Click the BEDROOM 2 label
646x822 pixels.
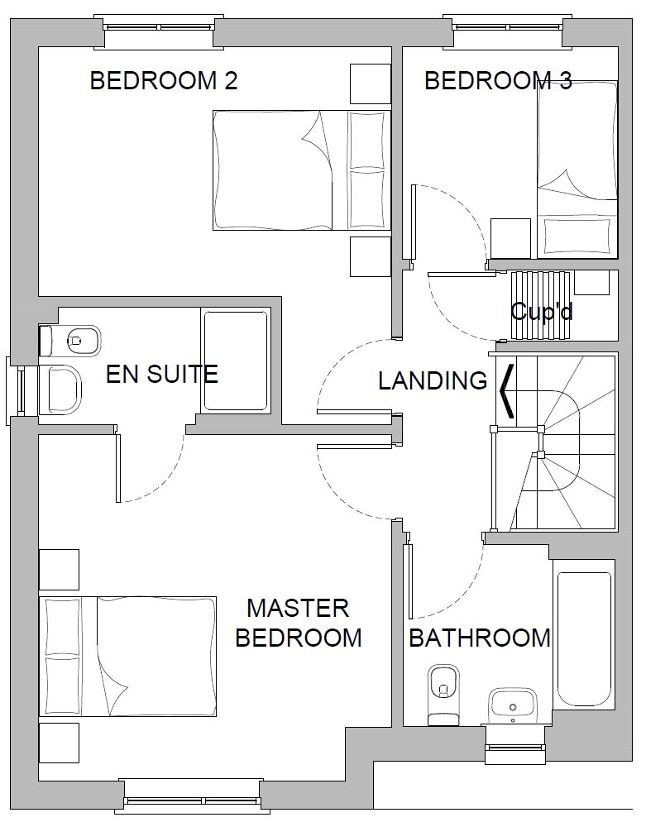(x=164, y=81)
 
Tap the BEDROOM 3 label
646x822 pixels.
(x=498, y=81)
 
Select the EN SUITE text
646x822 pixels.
(x=162, y=374)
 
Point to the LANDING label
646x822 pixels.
(x=433, y=380)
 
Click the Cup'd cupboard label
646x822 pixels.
(x=542, y=312)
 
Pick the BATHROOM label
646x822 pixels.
(x=480, y=638)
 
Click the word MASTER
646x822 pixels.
(x=298, y=608)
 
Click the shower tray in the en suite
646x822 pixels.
(x=236, y=361)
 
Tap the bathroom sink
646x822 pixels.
(x=512, y=706)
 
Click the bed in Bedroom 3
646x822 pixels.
(x=577, y=170)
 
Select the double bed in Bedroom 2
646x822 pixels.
(x=302, y=170)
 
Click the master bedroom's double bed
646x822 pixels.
(x=128, y=657)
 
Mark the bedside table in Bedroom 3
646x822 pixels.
(x=510, y=238)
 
